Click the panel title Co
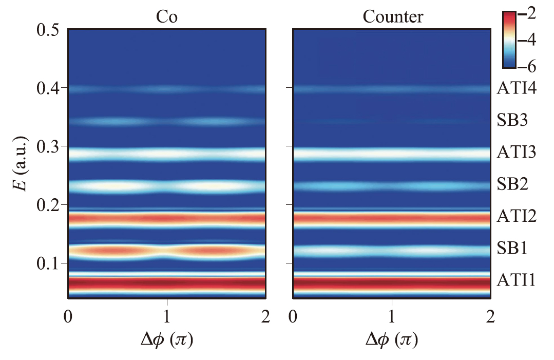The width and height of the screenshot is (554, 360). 166,16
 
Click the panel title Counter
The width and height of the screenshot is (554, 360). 393,16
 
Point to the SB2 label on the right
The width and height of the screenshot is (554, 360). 512,184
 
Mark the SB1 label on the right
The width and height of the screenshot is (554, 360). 512,249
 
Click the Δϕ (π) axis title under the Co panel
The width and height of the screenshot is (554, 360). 166,339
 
